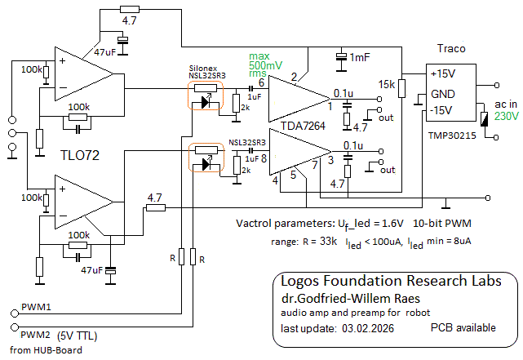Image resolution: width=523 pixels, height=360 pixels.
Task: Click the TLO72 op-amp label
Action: [x=79, y=155]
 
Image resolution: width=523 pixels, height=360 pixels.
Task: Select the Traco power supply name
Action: [x=451, y=49]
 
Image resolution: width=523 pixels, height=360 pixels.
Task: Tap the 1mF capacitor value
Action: [x=359, y=58]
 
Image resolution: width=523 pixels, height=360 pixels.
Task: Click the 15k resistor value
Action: [x=386, y=84]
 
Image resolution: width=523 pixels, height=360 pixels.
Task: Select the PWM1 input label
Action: [x=36, y=309]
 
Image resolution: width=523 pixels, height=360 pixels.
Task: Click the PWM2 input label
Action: [x=36, y=334]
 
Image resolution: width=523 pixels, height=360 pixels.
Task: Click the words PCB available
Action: [x=463, y=327]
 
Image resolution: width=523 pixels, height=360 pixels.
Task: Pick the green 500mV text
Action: [x=266, y=64]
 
